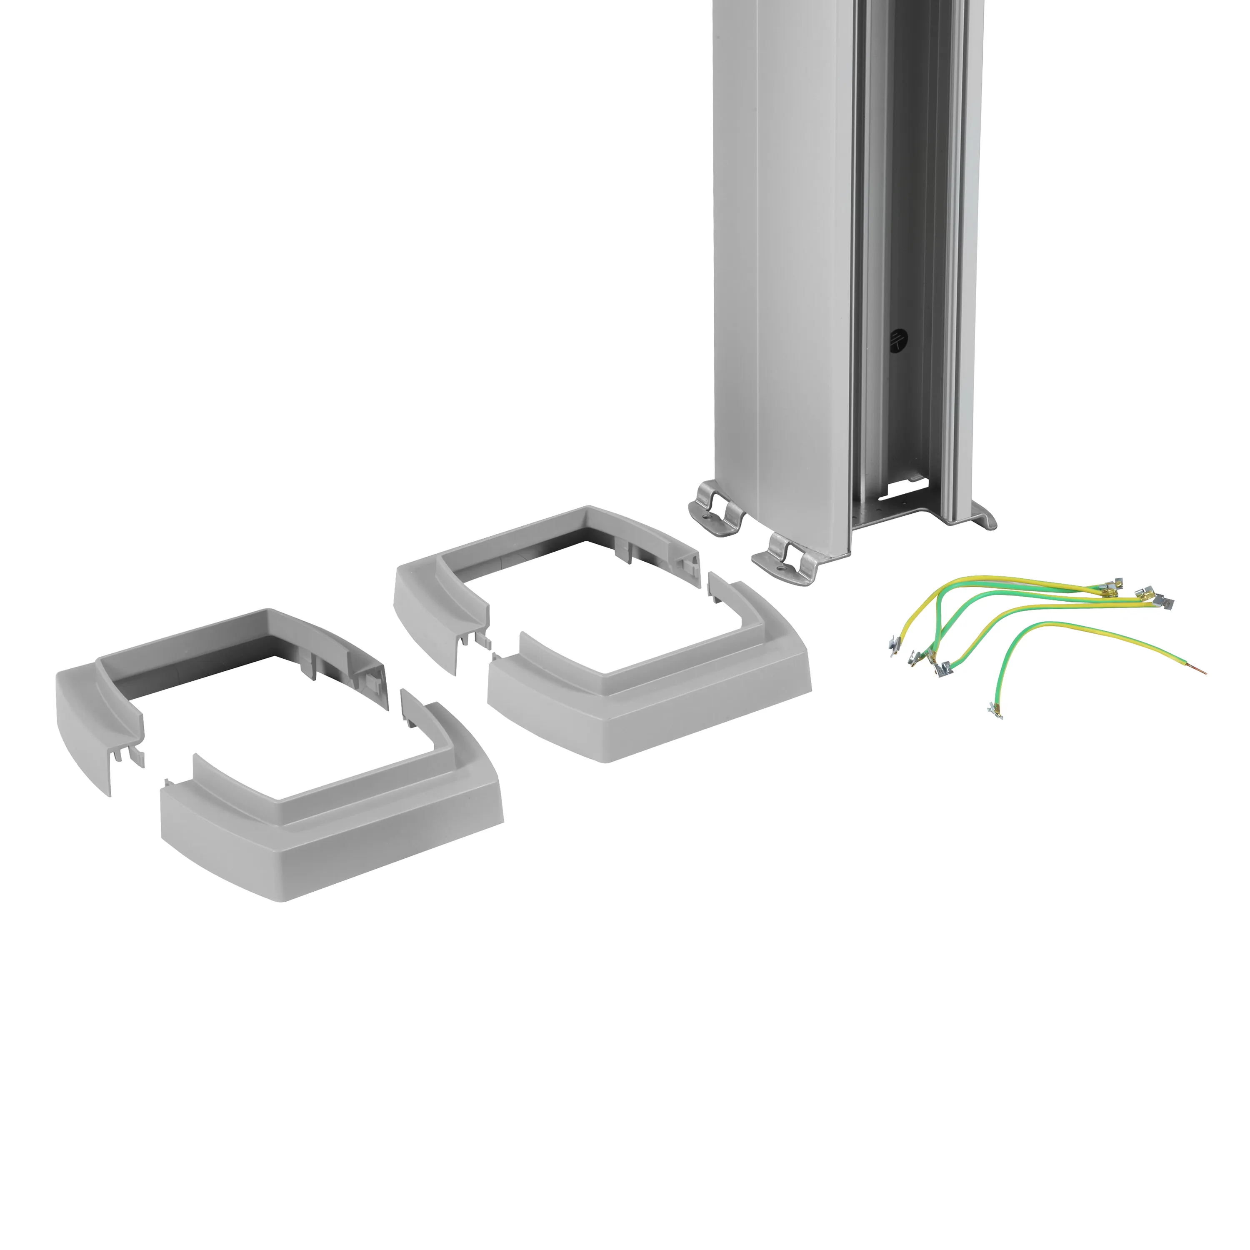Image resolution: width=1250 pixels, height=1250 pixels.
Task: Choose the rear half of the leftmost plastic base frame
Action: coord(213,673)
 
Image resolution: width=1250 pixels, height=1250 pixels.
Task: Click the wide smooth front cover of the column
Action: coord(802,259)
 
